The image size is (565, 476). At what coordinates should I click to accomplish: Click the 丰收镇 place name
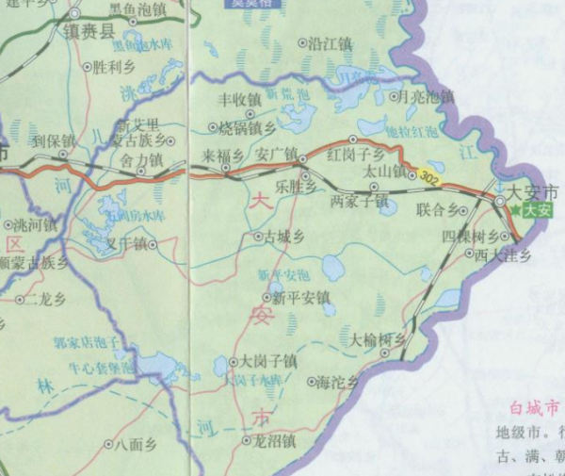pos(239,98)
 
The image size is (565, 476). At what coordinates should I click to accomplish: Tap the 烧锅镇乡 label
pos(247,127)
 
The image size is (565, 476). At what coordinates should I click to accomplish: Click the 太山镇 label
pos(384,173)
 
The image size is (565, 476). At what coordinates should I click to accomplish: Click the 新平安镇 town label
pos(302,299)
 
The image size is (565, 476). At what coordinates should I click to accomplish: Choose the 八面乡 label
pos(131,443)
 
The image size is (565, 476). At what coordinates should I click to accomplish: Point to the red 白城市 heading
pos(535,408)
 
